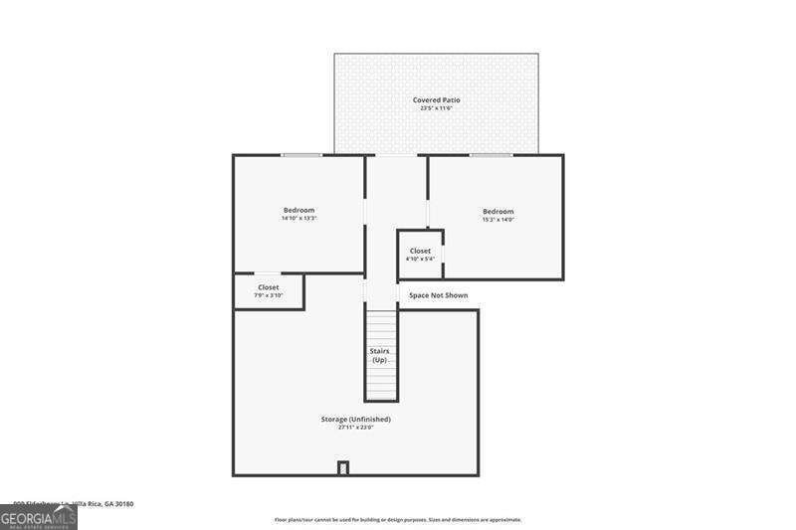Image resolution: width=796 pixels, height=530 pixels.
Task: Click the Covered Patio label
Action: coord(436,99)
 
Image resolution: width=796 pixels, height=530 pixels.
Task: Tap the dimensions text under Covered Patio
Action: coord(436,108)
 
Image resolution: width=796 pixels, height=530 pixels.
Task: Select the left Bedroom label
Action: coord(298,210)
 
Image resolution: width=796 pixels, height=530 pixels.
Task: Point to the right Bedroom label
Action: coord(497,211)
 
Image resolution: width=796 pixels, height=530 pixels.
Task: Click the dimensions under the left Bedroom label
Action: coord(298,219)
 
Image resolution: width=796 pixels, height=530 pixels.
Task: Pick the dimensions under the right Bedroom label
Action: coord(497,220)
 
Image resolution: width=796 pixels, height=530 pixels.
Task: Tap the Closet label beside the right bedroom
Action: coord(420,251)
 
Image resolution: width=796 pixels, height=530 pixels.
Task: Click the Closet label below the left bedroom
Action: coord(269,287)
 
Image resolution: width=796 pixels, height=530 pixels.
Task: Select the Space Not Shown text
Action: coord(438,295)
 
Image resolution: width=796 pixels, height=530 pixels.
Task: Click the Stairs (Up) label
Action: coord(380,355)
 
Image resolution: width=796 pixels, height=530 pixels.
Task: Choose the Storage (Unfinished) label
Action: coord(355,419)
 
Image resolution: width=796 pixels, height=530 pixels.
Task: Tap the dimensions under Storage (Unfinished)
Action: coord(355,428)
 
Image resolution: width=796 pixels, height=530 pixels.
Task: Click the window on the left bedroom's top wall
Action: coord(301,155)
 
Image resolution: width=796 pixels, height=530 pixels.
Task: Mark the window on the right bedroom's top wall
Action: coord(491,155)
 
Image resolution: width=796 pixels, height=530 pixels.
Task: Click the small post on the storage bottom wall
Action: coord(343,468)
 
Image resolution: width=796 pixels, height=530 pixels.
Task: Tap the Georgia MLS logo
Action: coord(38,518)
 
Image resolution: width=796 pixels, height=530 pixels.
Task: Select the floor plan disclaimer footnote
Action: coord(398,519)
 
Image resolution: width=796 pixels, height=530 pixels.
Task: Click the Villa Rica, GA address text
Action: coord(75,504)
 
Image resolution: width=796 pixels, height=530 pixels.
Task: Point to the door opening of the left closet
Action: coord(268,273)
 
